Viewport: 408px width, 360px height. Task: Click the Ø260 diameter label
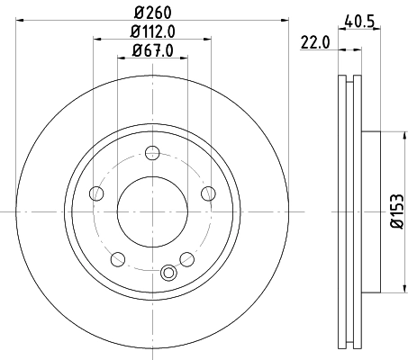coord(153,12)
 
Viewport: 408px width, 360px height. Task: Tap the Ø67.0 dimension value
coord(153,52)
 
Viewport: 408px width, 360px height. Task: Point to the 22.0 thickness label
coord(313,41)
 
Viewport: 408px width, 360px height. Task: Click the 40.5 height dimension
coord(361,17)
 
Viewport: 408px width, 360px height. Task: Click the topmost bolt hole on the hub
coord(153,158)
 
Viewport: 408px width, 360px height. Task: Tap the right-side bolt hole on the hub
coord(208,193)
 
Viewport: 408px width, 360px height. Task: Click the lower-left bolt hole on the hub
coord(118,259)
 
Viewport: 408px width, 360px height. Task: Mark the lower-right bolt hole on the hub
coord(187,259)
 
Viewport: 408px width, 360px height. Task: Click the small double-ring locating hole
coord(168,274)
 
